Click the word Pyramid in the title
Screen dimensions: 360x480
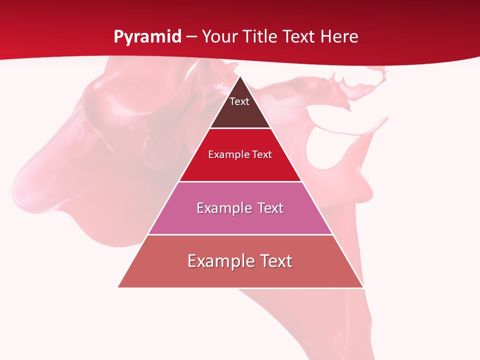point(147,37)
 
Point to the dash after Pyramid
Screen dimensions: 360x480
point(191,37)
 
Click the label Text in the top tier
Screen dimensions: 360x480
point(239,101)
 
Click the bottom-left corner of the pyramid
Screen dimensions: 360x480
point(118,287)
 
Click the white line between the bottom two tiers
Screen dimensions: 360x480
point(240,234)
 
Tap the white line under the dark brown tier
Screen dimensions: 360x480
point(240,128)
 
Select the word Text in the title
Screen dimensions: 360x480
point(299,37)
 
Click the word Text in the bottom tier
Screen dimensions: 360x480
point(275,261)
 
